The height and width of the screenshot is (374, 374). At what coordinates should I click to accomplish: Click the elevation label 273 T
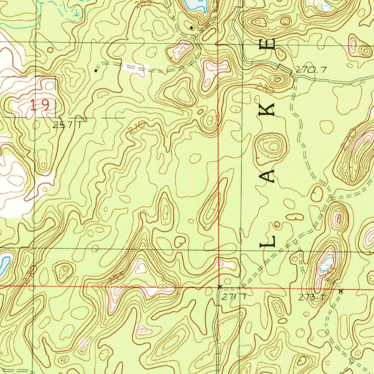tap(312, 298)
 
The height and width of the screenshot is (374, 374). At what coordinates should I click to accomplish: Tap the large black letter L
tap(267, 241)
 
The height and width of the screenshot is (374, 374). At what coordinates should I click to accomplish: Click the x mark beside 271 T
tap(219, 287)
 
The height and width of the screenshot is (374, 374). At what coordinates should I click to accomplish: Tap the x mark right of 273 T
tap(341, 291)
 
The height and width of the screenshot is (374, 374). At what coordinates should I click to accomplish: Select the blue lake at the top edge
tap(195, 4)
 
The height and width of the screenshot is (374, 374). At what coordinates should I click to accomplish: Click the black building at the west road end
tap(96, 70)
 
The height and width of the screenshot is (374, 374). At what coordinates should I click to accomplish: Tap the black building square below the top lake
tap(191, 27)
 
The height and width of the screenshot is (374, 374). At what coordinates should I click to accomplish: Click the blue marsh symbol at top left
tap(76, 13)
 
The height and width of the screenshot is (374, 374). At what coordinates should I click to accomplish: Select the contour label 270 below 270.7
tap(260, 88)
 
